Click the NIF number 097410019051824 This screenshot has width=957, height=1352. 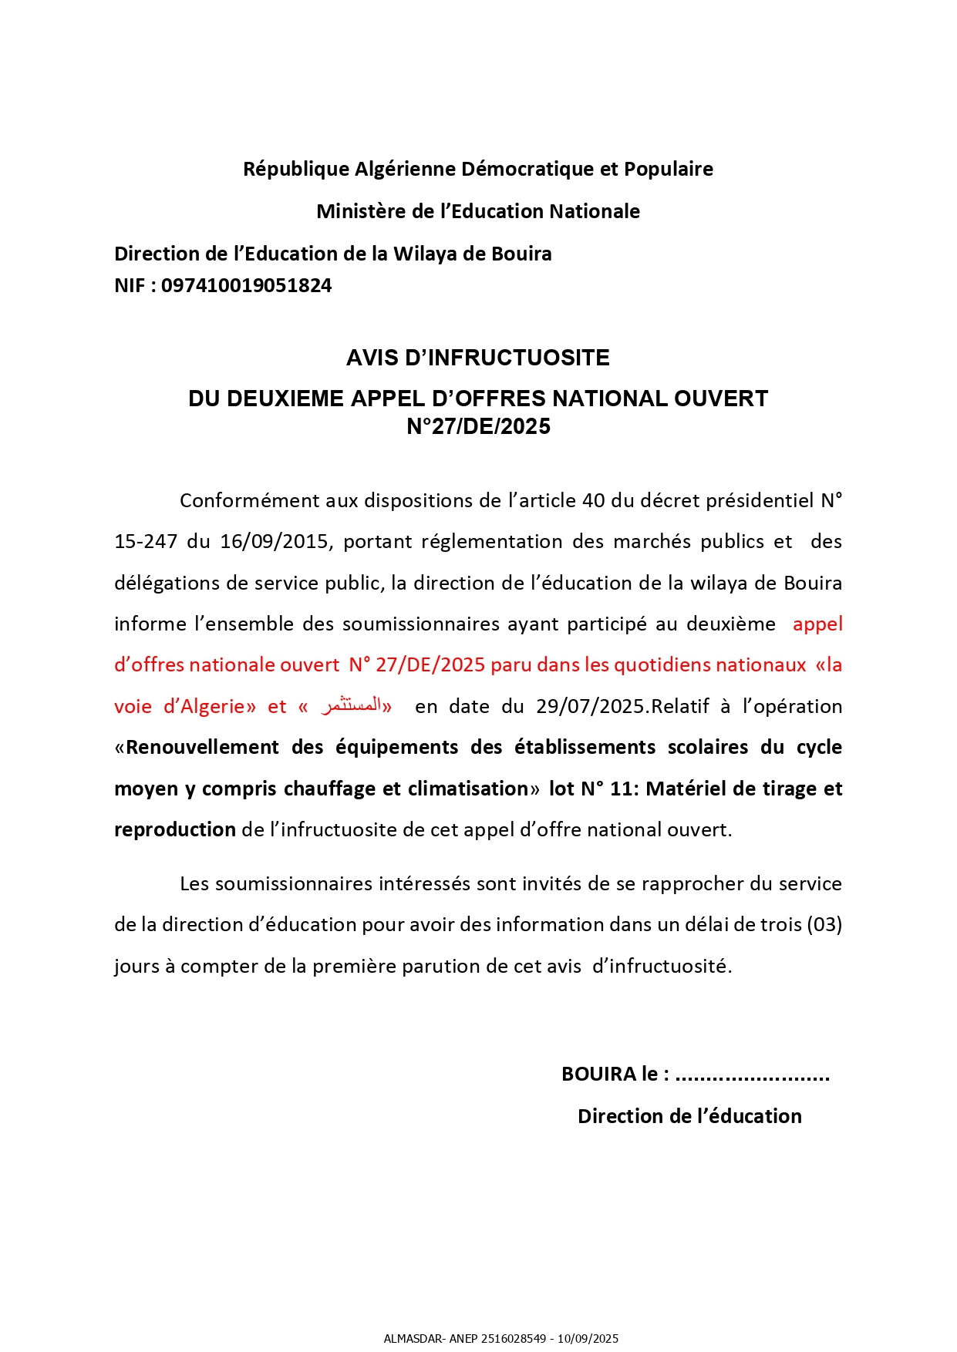[246, 286]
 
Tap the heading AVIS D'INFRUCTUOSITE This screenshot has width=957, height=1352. [478, 358]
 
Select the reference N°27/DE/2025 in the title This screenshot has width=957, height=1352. [478, 426]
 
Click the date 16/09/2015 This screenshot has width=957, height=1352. [275, 542]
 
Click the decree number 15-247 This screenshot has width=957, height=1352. [146, 542]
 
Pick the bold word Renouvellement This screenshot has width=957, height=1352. [203, 748]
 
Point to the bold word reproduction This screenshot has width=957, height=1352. [175, 830]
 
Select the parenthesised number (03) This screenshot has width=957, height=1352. [824, 924]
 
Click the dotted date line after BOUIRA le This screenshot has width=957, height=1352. [752, 1075]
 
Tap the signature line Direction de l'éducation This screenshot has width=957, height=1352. [689, 1116]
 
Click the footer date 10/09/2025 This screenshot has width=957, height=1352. [589, 1339]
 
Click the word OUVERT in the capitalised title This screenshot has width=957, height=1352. [721, 399]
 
